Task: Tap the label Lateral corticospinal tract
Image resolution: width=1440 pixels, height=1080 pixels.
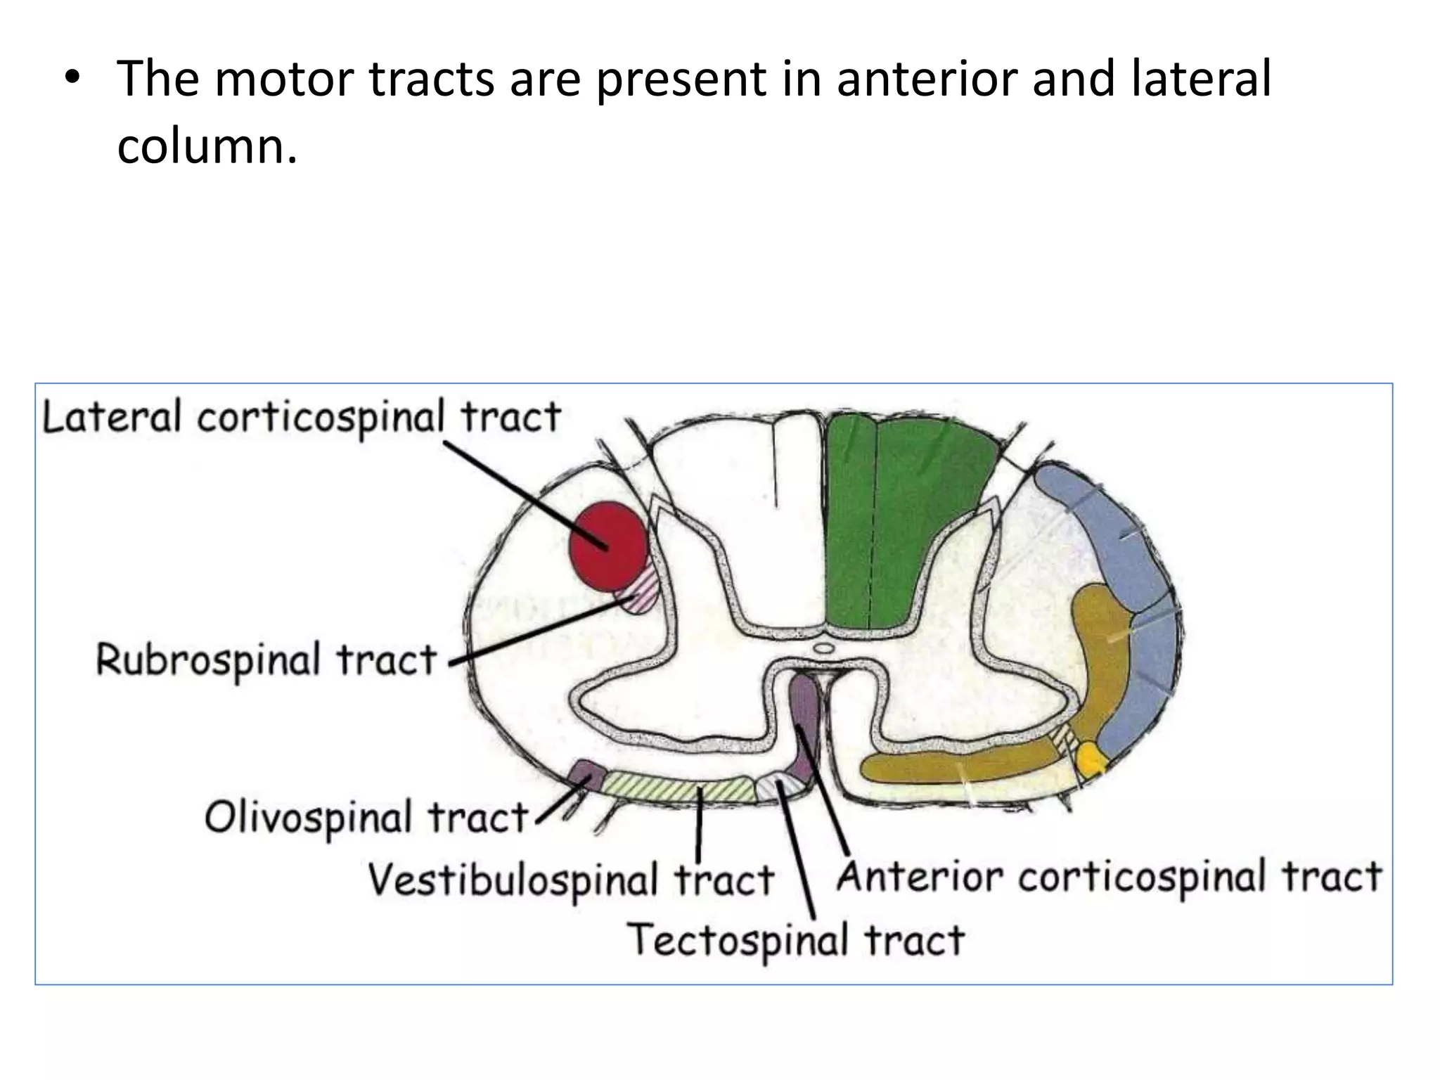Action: (x=301, y=417)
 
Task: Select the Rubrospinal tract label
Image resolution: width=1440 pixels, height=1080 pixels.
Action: (x=266, y=660)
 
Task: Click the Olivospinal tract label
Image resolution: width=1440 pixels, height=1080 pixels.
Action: (x=366, y=818)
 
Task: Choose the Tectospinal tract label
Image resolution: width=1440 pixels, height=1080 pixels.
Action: (x=795, y=940)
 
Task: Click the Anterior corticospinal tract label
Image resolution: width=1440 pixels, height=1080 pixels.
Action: (x=1109, y=877)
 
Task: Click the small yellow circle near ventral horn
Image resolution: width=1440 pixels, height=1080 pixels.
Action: (x=1090, y=759)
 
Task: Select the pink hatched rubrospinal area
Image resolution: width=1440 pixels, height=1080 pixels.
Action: (x=641, y=592)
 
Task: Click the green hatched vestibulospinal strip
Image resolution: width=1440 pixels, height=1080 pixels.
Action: (x=679, y=785)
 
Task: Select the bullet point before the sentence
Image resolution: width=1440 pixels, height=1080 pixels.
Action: (x=70, y=79)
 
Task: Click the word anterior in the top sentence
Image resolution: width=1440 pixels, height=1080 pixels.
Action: (x=926, y=79)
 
